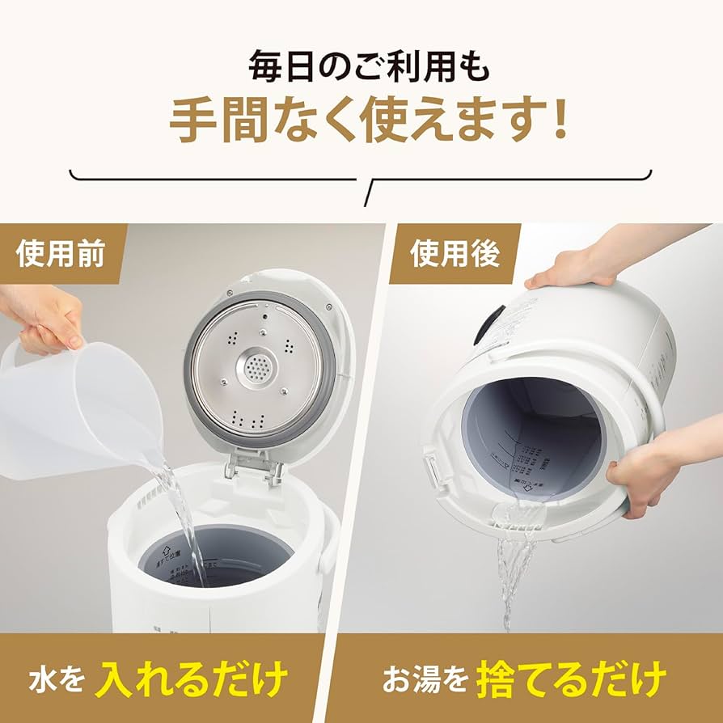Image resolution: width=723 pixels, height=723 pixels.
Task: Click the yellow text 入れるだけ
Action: [192, 678]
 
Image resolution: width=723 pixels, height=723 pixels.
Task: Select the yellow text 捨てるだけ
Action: [571, 678]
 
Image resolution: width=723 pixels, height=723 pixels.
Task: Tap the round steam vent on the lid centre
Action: [260, 370]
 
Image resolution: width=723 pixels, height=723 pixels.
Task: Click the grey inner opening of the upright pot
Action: [217, 558]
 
